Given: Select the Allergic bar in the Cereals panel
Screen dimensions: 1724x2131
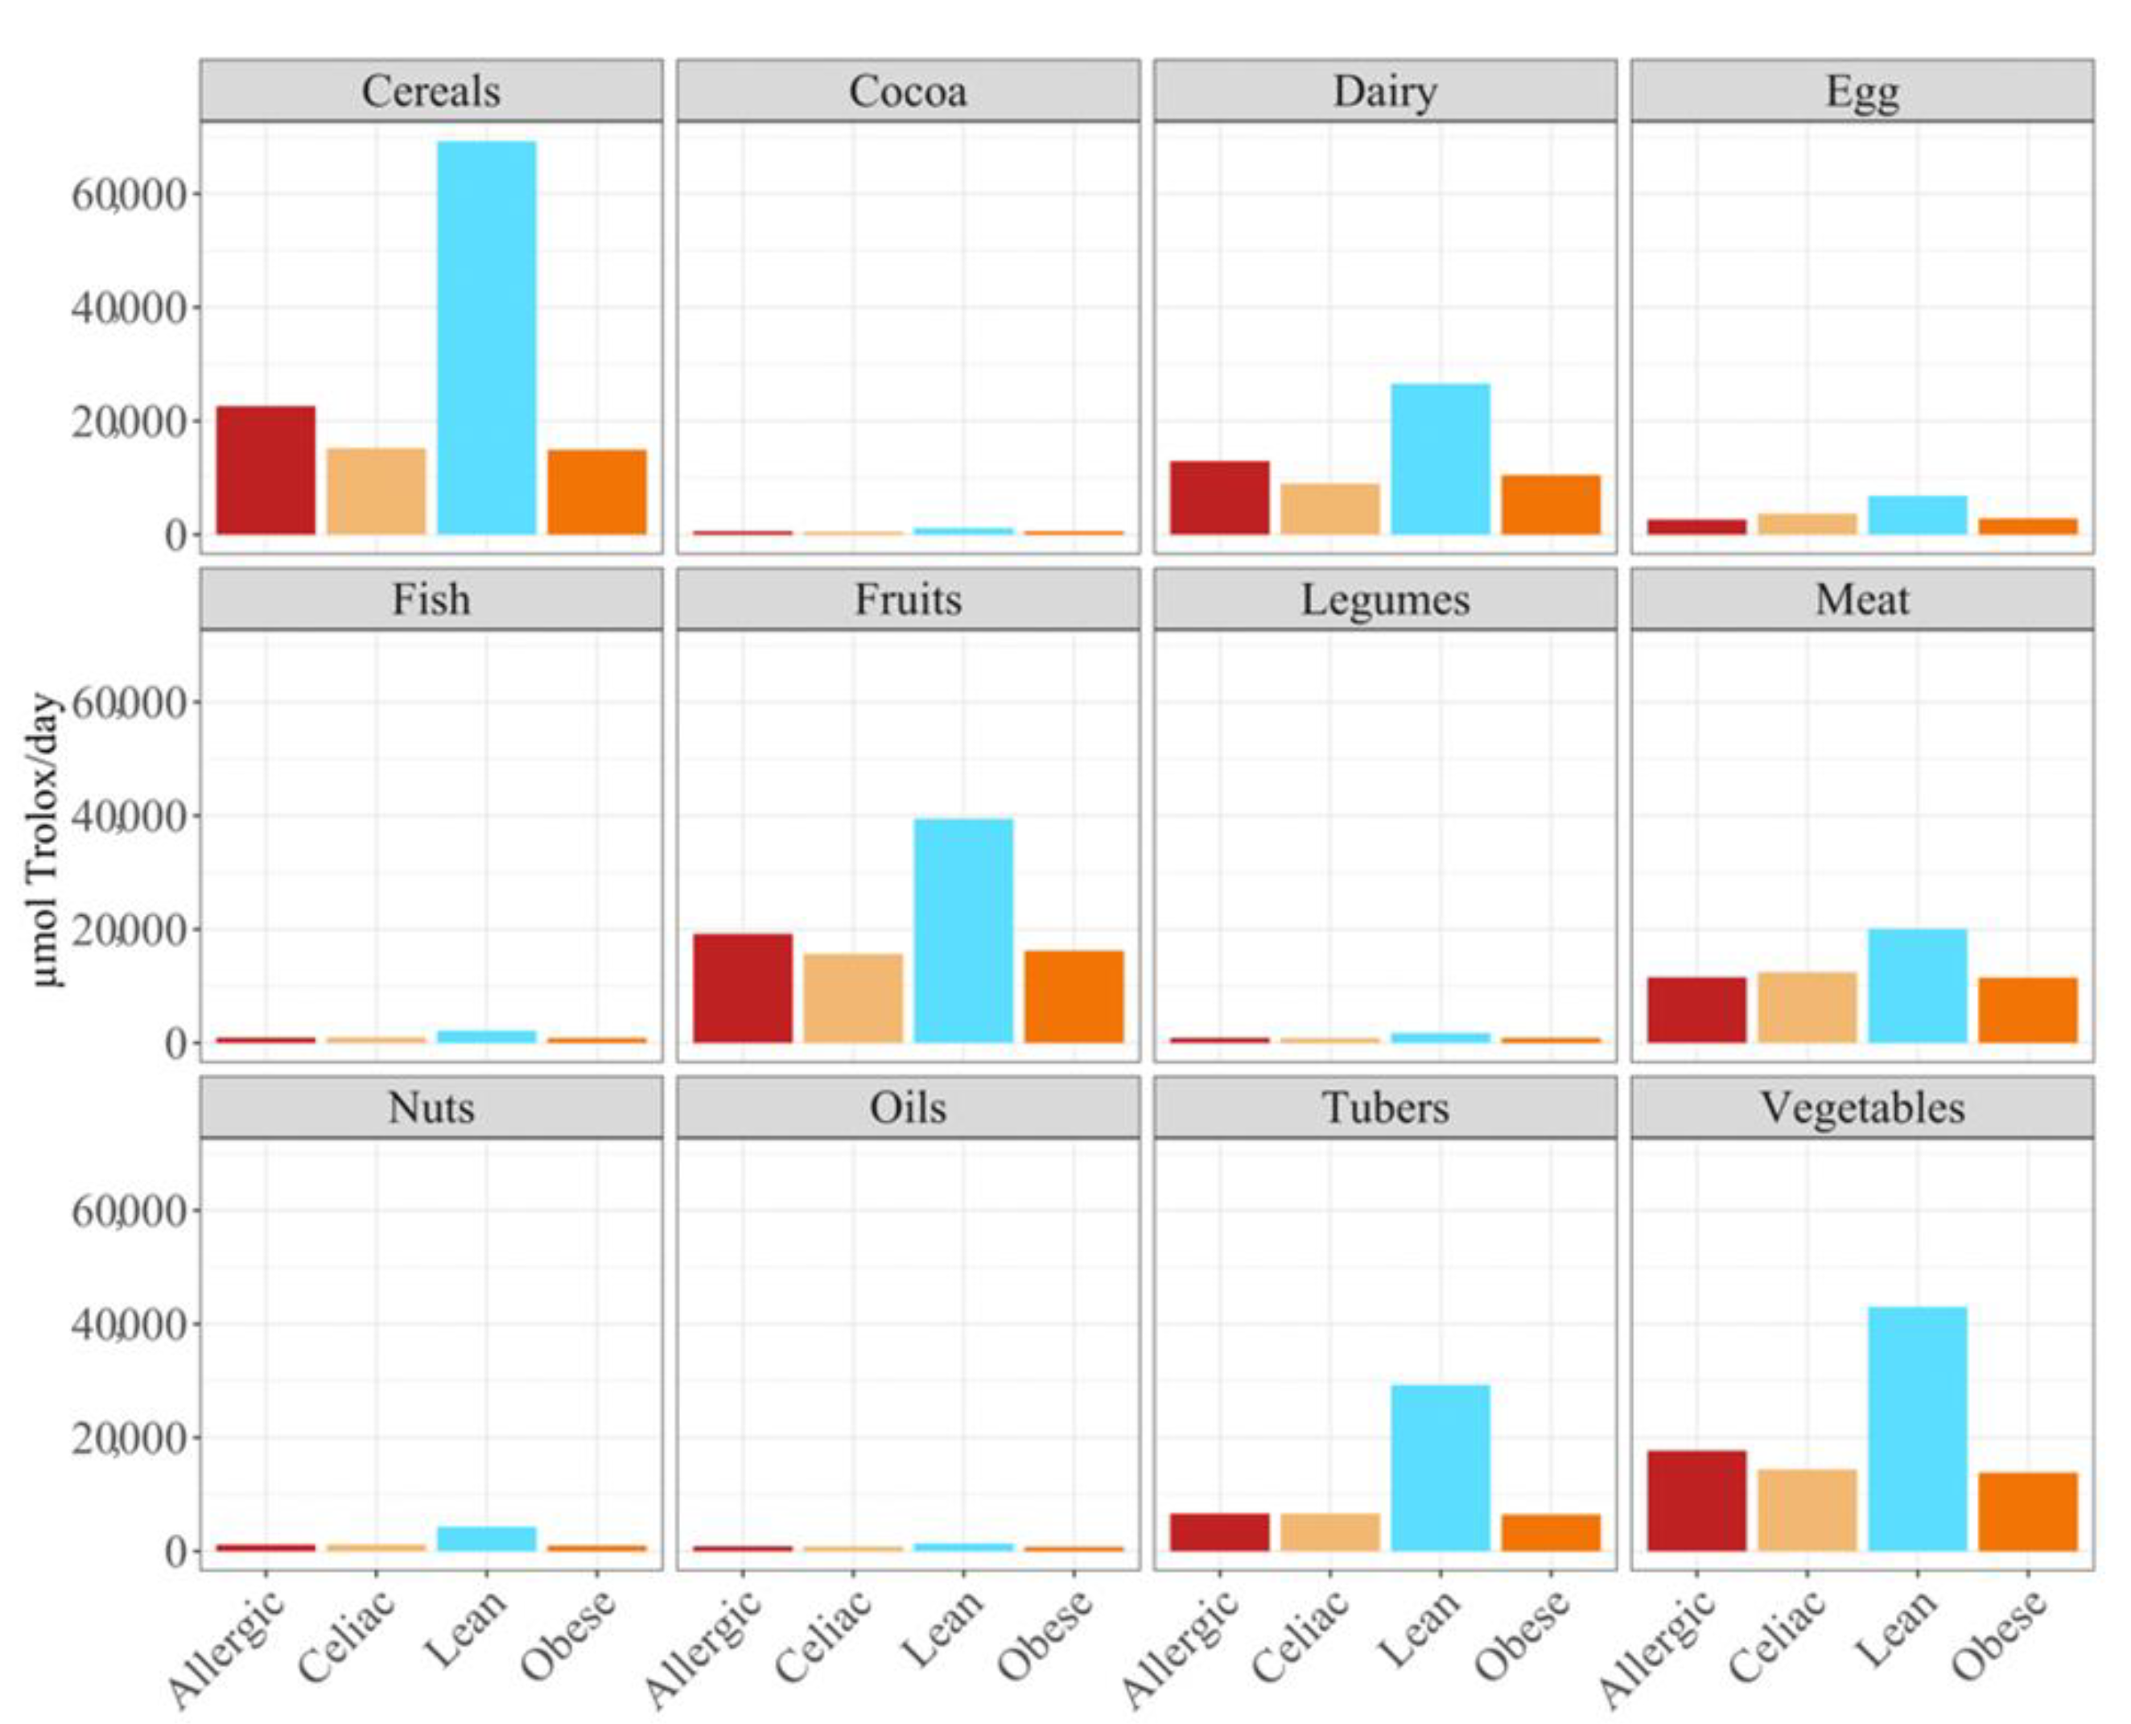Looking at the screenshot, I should [x=266, y=470].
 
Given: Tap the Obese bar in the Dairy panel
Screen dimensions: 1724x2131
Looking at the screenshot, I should [x=1550, y=505].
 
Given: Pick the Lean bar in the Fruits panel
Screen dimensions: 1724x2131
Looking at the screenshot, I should [x=962, y=930].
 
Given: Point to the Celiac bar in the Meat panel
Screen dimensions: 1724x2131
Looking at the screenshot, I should [x=1807, y=1007].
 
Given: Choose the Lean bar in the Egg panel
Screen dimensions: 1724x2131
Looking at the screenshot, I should [x=1916, y=514].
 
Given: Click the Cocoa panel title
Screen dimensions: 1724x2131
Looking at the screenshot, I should [x=908, y=92].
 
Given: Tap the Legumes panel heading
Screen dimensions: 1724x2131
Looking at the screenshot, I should [x=1384, y=600].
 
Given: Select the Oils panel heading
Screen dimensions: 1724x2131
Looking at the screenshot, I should [x=908, y=1107].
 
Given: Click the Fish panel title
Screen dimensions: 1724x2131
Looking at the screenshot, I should [x=431, y=600].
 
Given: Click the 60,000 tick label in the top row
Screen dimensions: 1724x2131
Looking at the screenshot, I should [x=129, y=195].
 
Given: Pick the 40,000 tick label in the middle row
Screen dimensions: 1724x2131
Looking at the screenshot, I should [x=129, y=816].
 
